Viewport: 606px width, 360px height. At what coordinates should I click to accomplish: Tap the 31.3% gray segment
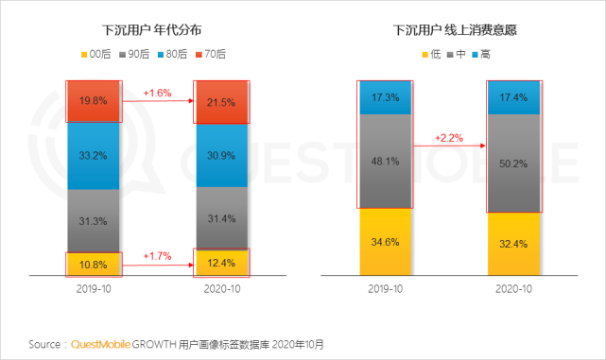pyautogui.click(x=93, y=220)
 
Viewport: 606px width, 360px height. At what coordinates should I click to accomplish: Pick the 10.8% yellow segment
pyautogui.click(x=93, y=262)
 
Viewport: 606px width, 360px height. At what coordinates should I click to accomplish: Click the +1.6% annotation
pyautogui.click(x=157, y=93)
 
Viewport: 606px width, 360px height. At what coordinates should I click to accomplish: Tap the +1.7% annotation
pyautogui.click(x=157, y=255)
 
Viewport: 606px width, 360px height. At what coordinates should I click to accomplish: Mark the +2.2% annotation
pyautogui.click(x=450, y=138)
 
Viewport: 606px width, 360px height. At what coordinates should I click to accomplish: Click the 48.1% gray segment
pyautogui.click(x=386, y=161)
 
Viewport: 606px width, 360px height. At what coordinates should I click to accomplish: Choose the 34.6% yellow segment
pyautogui.click(x=386, y=242)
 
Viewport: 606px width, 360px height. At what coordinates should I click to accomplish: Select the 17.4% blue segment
pyautogui.click(x=513, y=97)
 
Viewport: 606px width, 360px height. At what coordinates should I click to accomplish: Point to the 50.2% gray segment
pyautogui.click(x=513, y=163)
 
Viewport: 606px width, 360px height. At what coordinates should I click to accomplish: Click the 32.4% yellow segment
pyautogui.click(x=513, y=243)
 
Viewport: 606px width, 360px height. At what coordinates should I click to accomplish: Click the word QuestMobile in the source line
pyautogui.click(x=109, y=343)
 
